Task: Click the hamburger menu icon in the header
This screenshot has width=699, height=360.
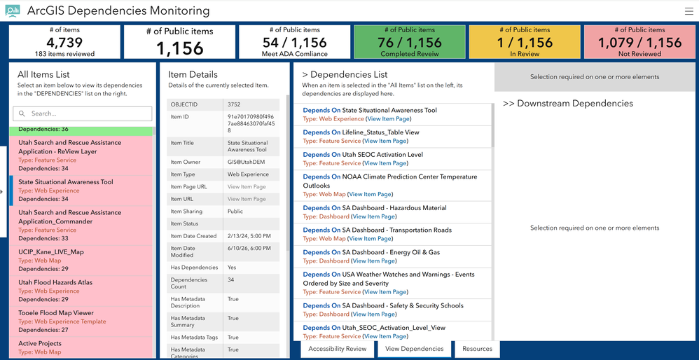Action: [688, 12]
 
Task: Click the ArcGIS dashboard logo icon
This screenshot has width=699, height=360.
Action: [13, 11]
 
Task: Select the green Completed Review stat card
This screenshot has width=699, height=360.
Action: [410, 42]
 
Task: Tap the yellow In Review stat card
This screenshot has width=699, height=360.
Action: [525, 42]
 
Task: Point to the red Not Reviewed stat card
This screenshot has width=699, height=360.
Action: [639, 42]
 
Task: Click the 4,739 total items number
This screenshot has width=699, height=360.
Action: [64, 42]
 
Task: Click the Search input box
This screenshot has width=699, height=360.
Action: [83, 113]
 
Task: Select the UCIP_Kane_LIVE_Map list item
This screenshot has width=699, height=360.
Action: [81, 261]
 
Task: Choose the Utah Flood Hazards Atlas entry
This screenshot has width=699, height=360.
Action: [81, 291]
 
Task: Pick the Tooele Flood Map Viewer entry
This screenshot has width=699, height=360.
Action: [81, 321]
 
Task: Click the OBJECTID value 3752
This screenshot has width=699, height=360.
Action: [234, 104]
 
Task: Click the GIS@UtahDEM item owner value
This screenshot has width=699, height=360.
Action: [244, 162]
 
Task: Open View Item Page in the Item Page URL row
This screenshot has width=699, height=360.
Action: [247, 187]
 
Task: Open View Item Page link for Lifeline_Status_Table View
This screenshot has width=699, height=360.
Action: [385, 141]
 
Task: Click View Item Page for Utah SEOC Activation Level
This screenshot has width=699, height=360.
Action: [385, 163]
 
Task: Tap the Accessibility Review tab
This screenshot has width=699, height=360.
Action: [338, 349]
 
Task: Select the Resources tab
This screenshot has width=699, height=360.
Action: [477, 349]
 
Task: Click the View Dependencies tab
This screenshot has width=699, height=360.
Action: [415, 349]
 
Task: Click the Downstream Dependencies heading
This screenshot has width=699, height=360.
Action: [568, 104]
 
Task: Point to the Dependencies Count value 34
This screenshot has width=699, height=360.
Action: [231, 279]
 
